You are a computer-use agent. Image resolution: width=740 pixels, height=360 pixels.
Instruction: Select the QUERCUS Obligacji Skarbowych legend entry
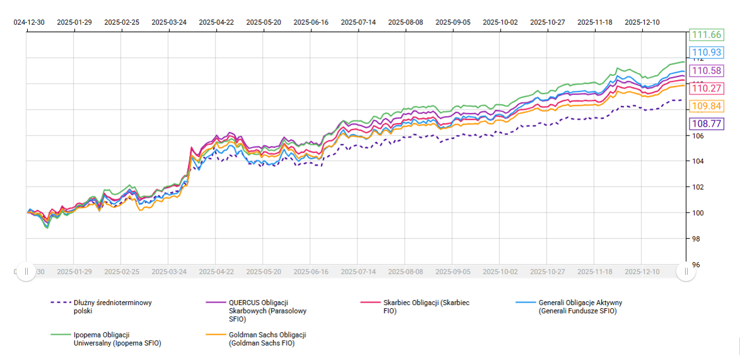tap(261, 311)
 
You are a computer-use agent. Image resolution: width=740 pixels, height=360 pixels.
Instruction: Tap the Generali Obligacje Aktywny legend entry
tap(580, 306)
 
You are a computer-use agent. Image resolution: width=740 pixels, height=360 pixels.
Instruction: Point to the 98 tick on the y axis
tap(695, 239)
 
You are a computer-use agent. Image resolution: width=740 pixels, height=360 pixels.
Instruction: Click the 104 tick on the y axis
tap(695, 161)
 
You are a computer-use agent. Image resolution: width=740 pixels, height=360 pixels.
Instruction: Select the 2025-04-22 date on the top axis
tap(216, 21)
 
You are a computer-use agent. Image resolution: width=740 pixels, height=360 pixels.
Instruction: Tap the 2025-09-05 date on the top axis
tap(453, 21)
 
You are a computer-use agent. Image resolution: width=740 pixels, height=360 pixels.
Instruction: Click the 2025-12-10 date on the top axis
tap(642, 21)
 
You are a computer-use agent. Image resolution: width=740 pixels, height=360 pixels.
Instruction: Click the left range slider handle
tap(26, 271)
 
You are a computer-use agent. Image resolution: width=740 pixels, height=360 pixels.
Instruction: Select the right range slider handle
tap(686, 271)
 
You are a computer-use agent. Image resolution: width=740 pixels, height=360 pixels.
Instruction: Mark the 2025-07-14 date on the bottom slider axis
tap(358, 272)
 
